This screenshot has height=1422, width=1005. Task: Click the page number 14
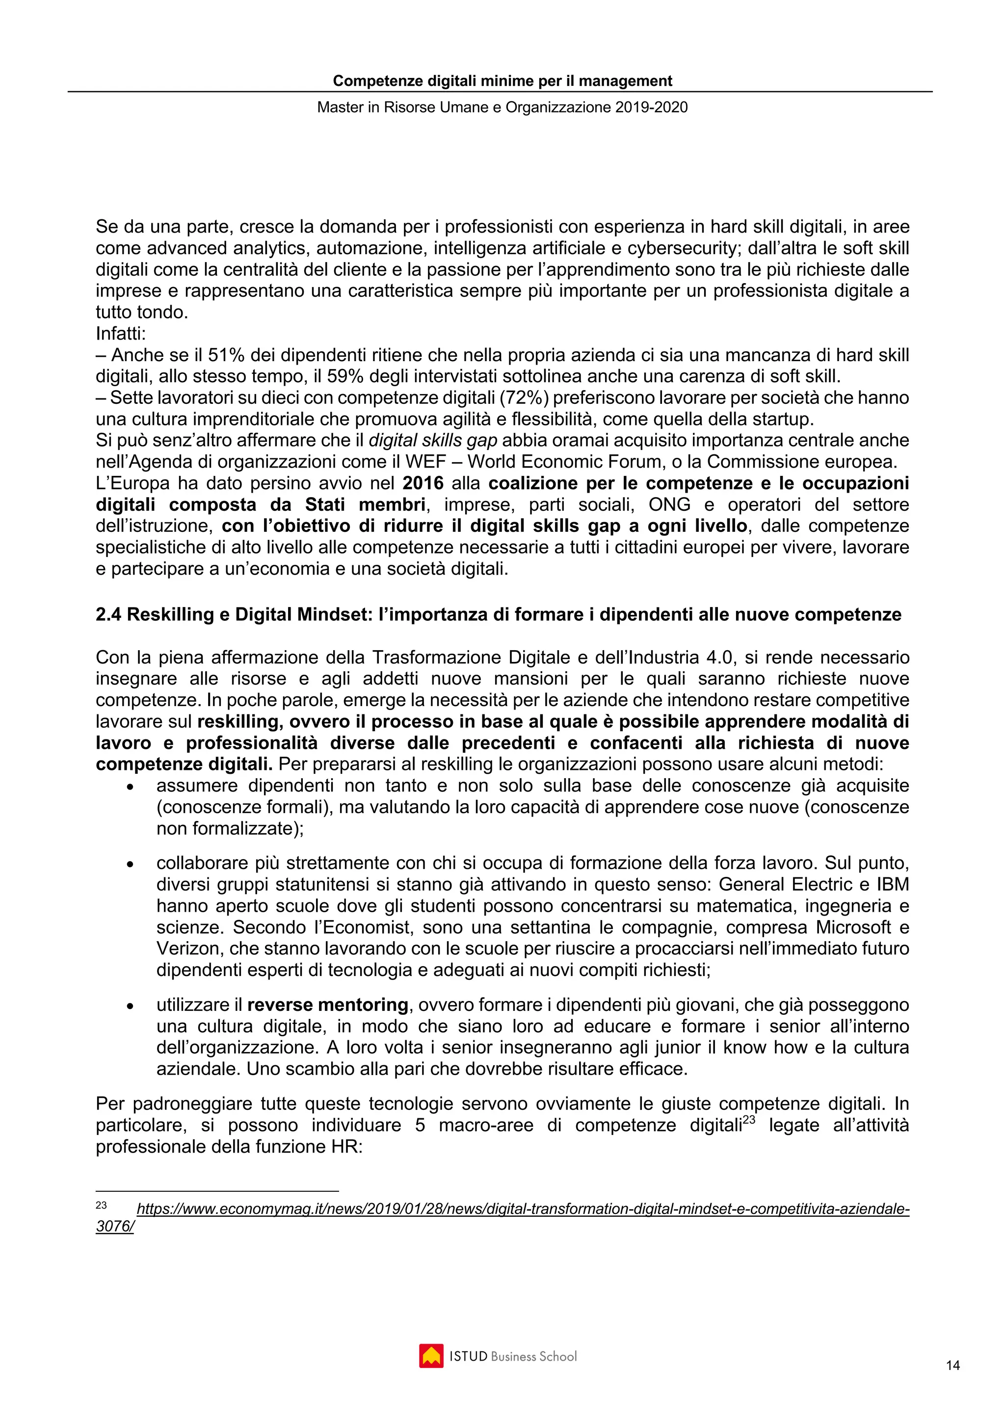coord(953,1365)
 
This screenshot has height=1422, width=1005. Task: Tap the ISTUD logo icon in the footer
coord(431,1356)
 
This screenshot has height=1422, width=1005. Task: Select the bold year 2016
coord(423,483)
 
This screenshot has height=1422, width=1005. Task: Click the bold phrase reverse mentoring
coord(328,1004)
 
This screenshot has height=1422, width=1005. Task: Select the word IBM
coord(892,884)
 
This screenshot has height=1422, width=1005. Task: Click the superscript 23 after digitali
coord(749,1119)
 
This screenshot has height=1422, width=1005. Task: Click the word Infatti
coord(120,334)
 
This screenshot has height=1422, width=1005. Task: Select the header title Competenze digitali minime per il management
coord(502,81)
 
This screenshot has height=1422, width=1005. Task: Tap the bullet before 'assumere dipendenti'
coord(130,787)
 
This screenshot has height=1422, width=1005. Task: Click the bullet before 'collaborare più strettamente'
coord(130,864)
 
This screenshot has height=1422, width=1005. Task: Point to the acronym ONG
coord(669,505)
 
